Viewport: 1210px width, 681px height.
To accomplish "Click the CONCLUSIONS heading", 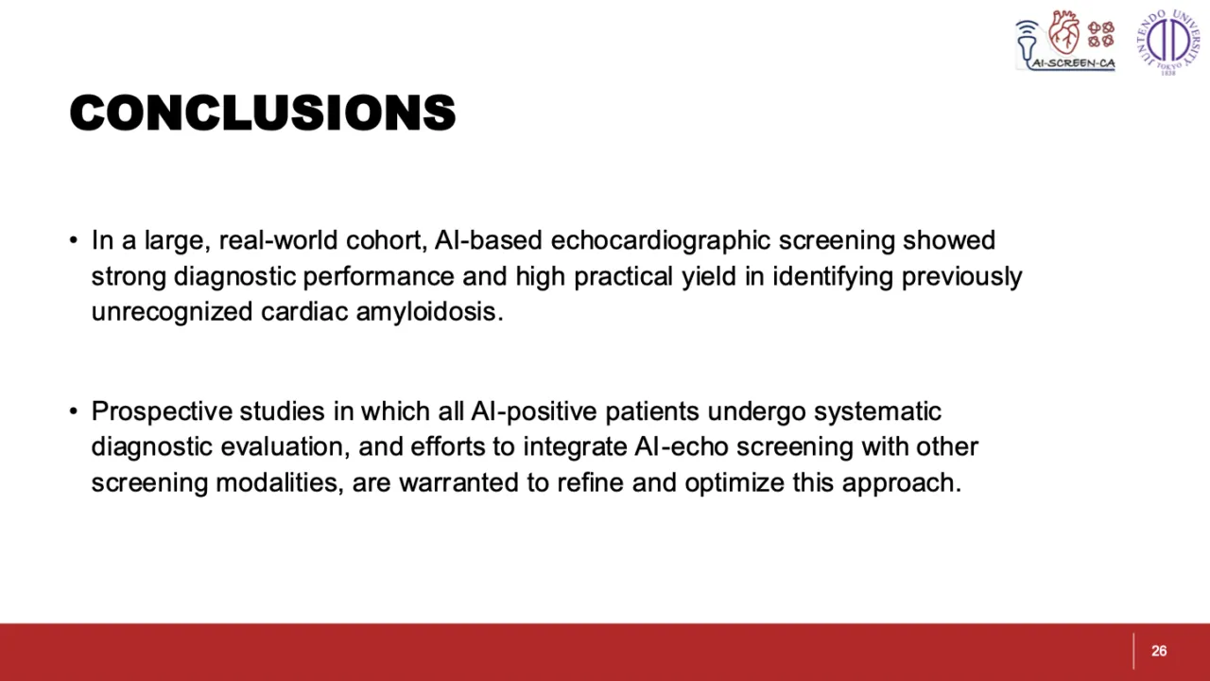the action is [x=263, y=113].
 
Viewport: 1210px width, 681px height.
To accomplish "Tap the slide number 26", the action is [x=1159, y=651].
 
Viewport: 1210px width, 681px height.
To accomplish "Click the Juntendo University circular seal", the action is [x=1167, y=43].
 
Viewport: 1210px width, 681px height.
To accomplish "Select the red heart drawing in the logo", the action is [x=1063, y=32].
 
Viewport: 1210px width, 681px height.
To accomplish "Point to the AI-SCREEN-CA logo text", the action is [x=1073, y=63].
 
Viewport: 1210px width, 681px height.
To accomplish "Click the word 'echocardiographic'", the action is [x=660, y=241].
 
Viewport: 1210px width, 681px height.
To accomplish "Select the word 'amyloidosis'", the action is [x=429, y=312].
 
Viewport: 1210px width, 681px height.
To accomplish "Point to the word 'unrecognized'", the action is [x=172, y=312].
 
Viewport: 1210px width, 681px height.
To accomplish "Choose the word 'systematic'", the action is [x=877, y=411].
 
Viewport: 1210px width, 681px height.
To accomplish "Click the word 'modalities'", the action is [x=280, y=482].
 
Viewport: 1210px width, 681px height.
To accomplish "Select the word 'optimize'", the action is [x=735, y=482].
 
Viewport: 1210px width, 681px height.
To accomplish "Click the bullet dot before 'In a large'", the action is [x=74, y=240].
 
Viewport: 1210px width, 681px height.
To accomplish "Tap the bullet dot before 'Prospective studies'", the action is [x=74, y=411].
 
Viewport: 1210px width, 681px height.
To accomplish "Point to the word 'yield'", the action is [x=709, y=277].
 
